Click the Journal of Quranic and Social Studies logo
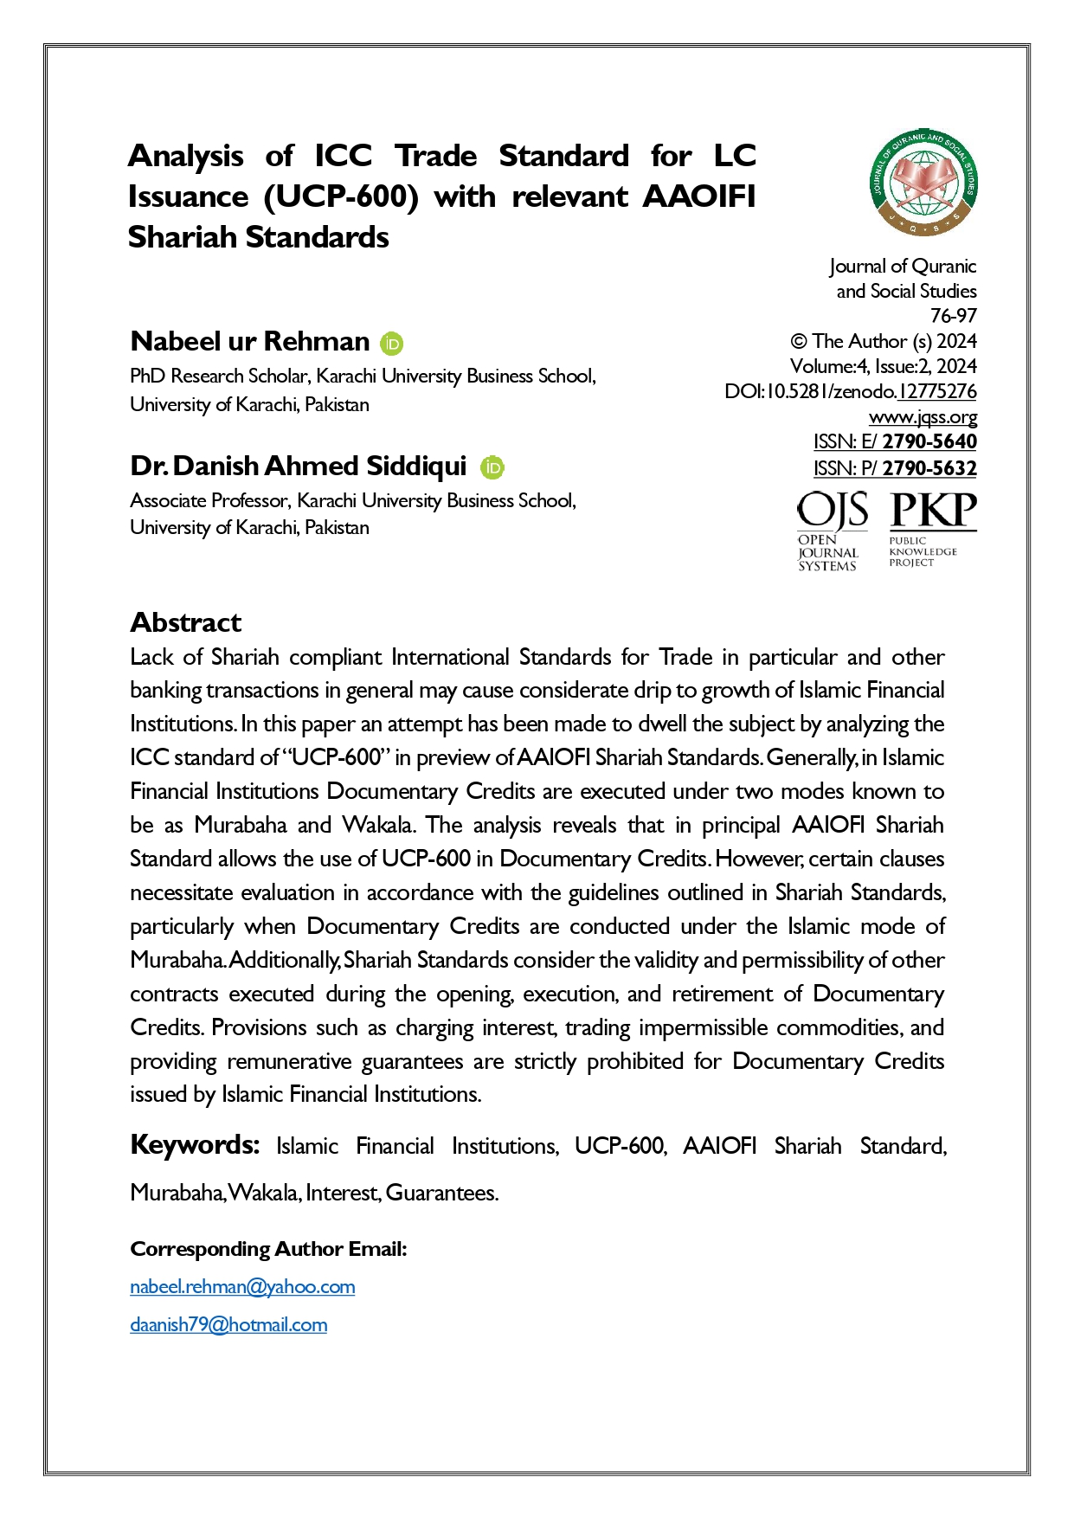point(923,184)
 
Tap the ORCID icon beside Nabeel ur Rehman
point(392,344)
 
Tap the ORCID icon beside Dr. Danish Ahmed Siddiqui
point(492,467)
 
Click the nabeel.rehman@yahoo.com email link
point(242,1287)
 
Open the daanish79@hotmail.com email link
point(228,1325)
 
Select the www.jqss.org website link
point(923,417)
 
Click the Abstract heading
point(186,622)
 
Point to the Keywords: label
point(195,1145)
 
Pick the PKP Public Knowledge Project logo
point(932,529)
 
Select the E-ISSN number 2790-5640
point(929,442)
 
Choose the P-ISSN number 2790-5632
point(929,469)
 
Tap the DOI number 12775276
point(937,392)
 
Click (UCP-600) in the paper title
point(341,197)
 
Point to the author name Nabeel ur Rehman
point(250,342)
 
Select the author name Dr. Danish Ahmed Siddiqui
point(299,467)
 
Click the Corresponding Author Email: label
point(268,1249)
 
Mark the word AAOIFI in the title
point(698,197)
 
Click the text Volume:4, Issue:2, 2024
point(884,366)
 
